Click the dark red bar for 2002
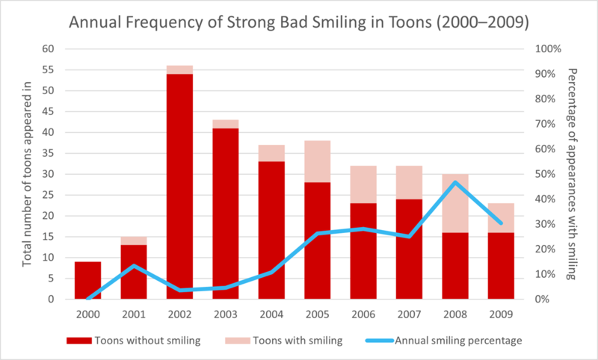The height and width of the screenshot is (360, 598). pyautogui.click(x=179, y=187)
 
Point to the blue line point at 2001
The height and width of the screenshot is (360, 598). pyautogui.click(x=133, y=266)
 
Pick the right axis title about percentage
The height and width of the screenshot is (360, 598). pyautogui.click(x=573, y=174)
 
